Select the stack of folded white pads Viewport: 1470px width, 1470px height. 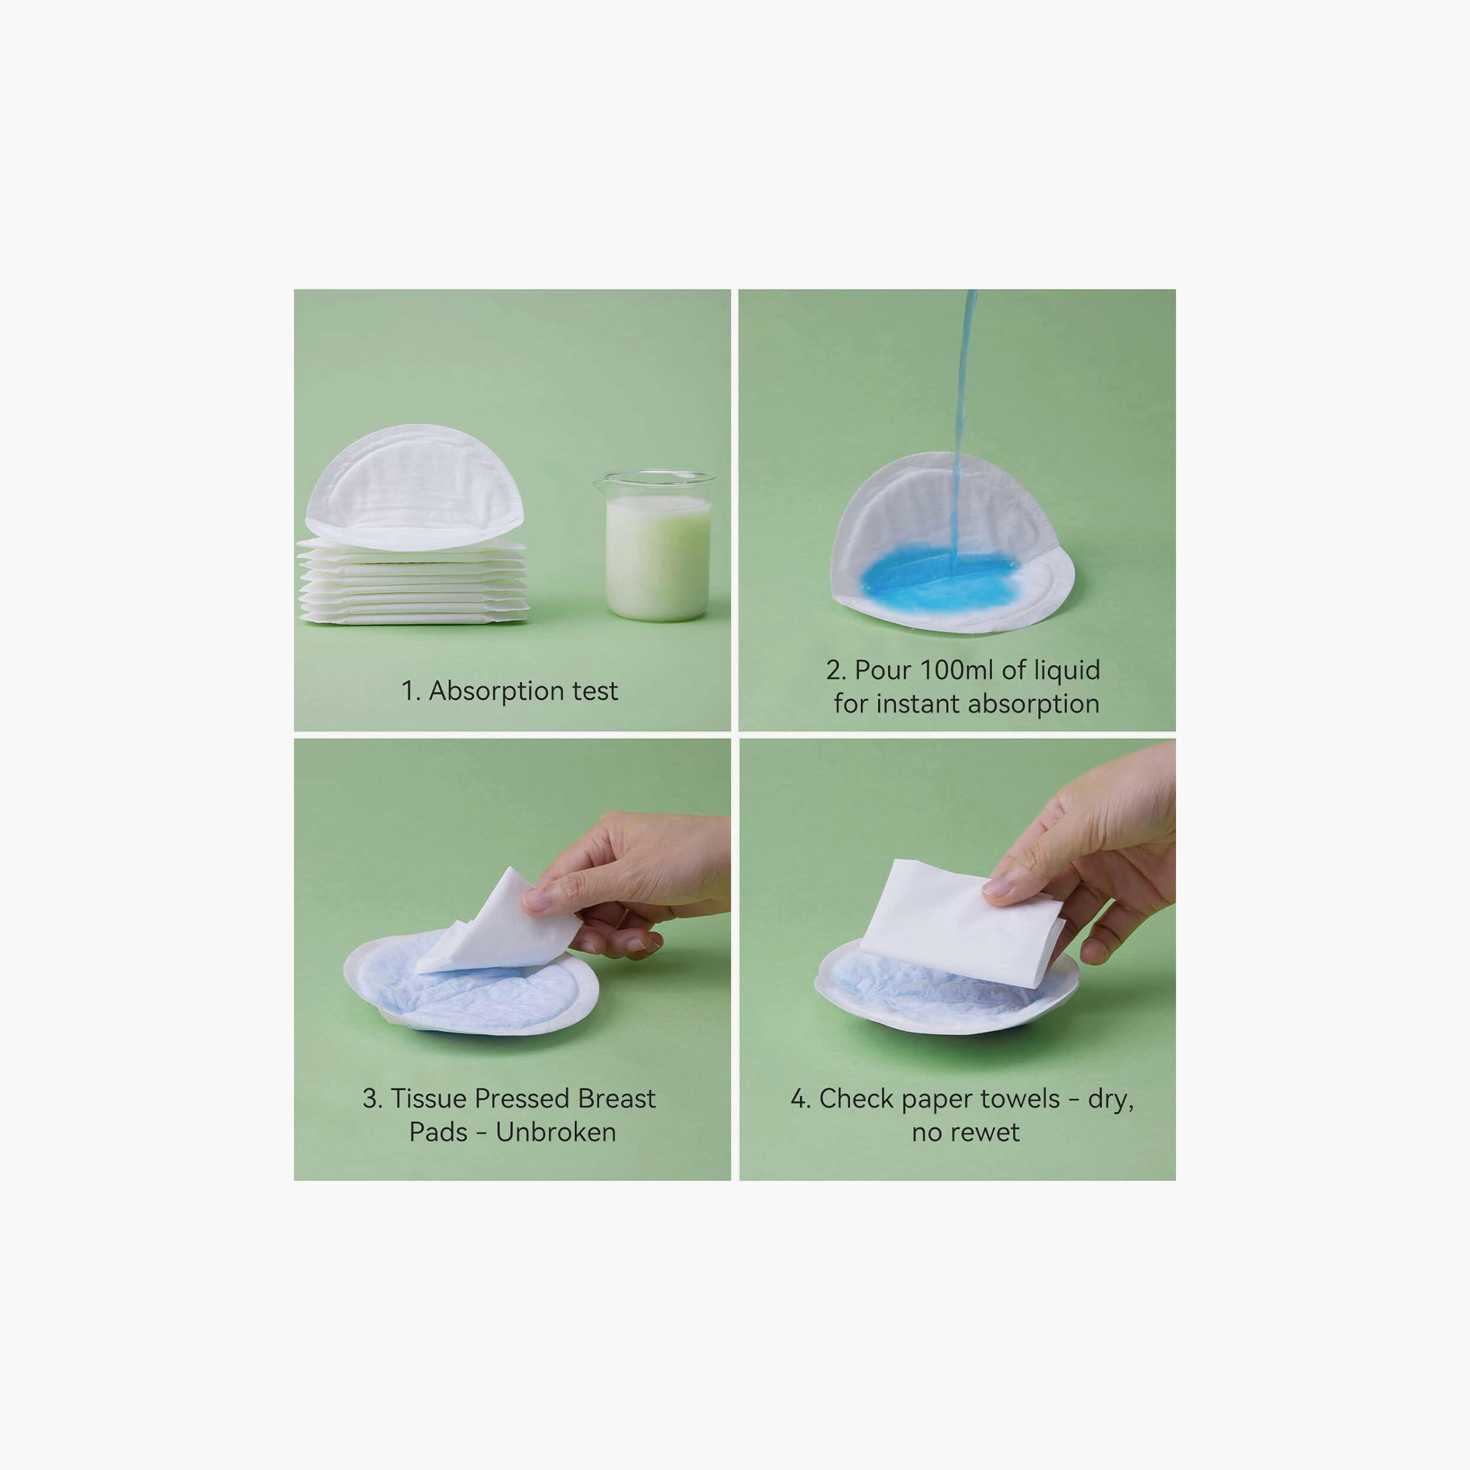coord(413,582)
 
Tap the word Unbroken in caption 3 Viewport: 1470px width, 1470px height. coord(556,1132)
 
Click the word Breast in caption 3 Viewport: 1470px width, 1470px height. coord(616,1099)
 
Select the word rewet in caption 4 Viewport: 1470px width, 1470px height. coord(984,1132)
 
